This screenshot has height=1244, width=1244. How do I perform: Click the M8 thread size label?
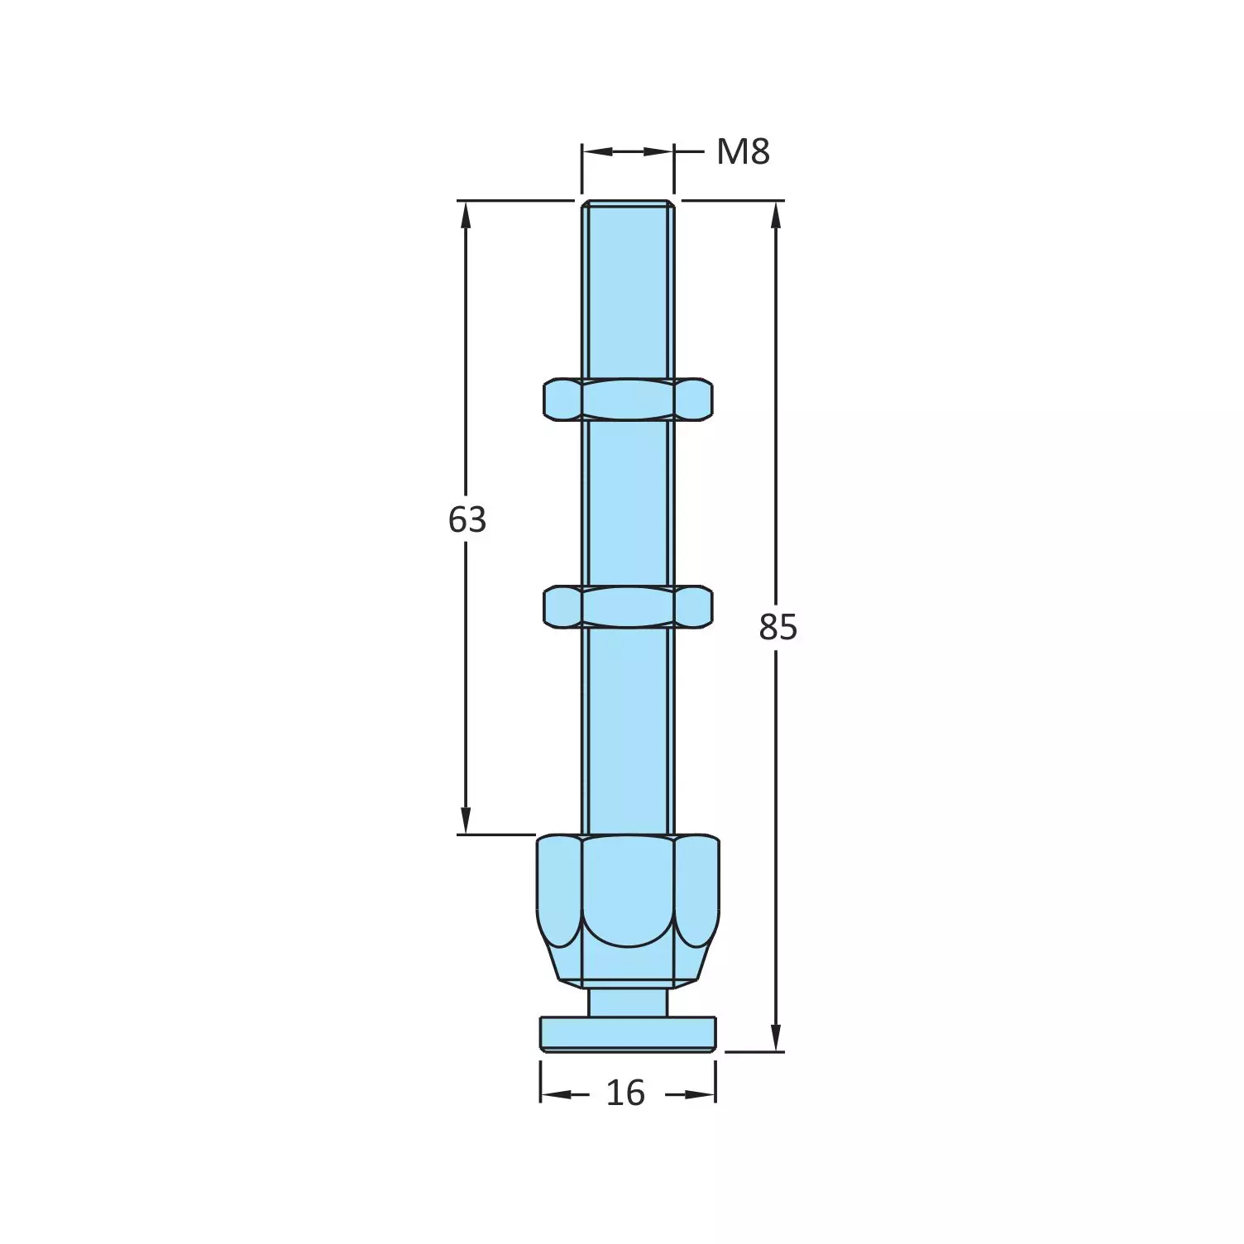pyautogui.click(x=743, y=152)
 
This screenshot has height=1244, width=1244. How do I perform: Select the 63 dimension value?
pyautogui.click(x=466, y=520)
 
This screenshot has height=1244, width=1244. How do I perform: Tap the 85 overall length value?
pyautogui.click(x=777, y=628)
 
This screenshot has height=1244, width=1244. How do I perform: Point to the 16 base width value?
pyautogui.click(x=625, y=1093)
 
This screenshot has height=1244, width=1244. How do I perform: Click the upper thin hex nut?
pyautogui.click(x=628, y=399)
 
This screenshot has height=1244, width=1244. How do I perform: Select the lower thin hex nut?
pyautogui.click(x=628, y=606)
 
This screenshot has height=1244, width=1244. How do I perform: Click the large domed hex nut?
pyautogui.click(x=628, y=910)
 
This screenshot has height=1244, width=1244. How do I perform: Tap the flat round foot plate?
pyautogui.click(x=628, y=1034)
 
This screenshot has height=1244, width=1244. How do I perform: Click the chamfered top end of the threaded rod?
pyautogui.click(x=628, y=203)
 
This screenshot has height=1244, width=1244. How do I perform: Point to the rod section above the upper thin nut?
pyautogui.click(x=628, y=289)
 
